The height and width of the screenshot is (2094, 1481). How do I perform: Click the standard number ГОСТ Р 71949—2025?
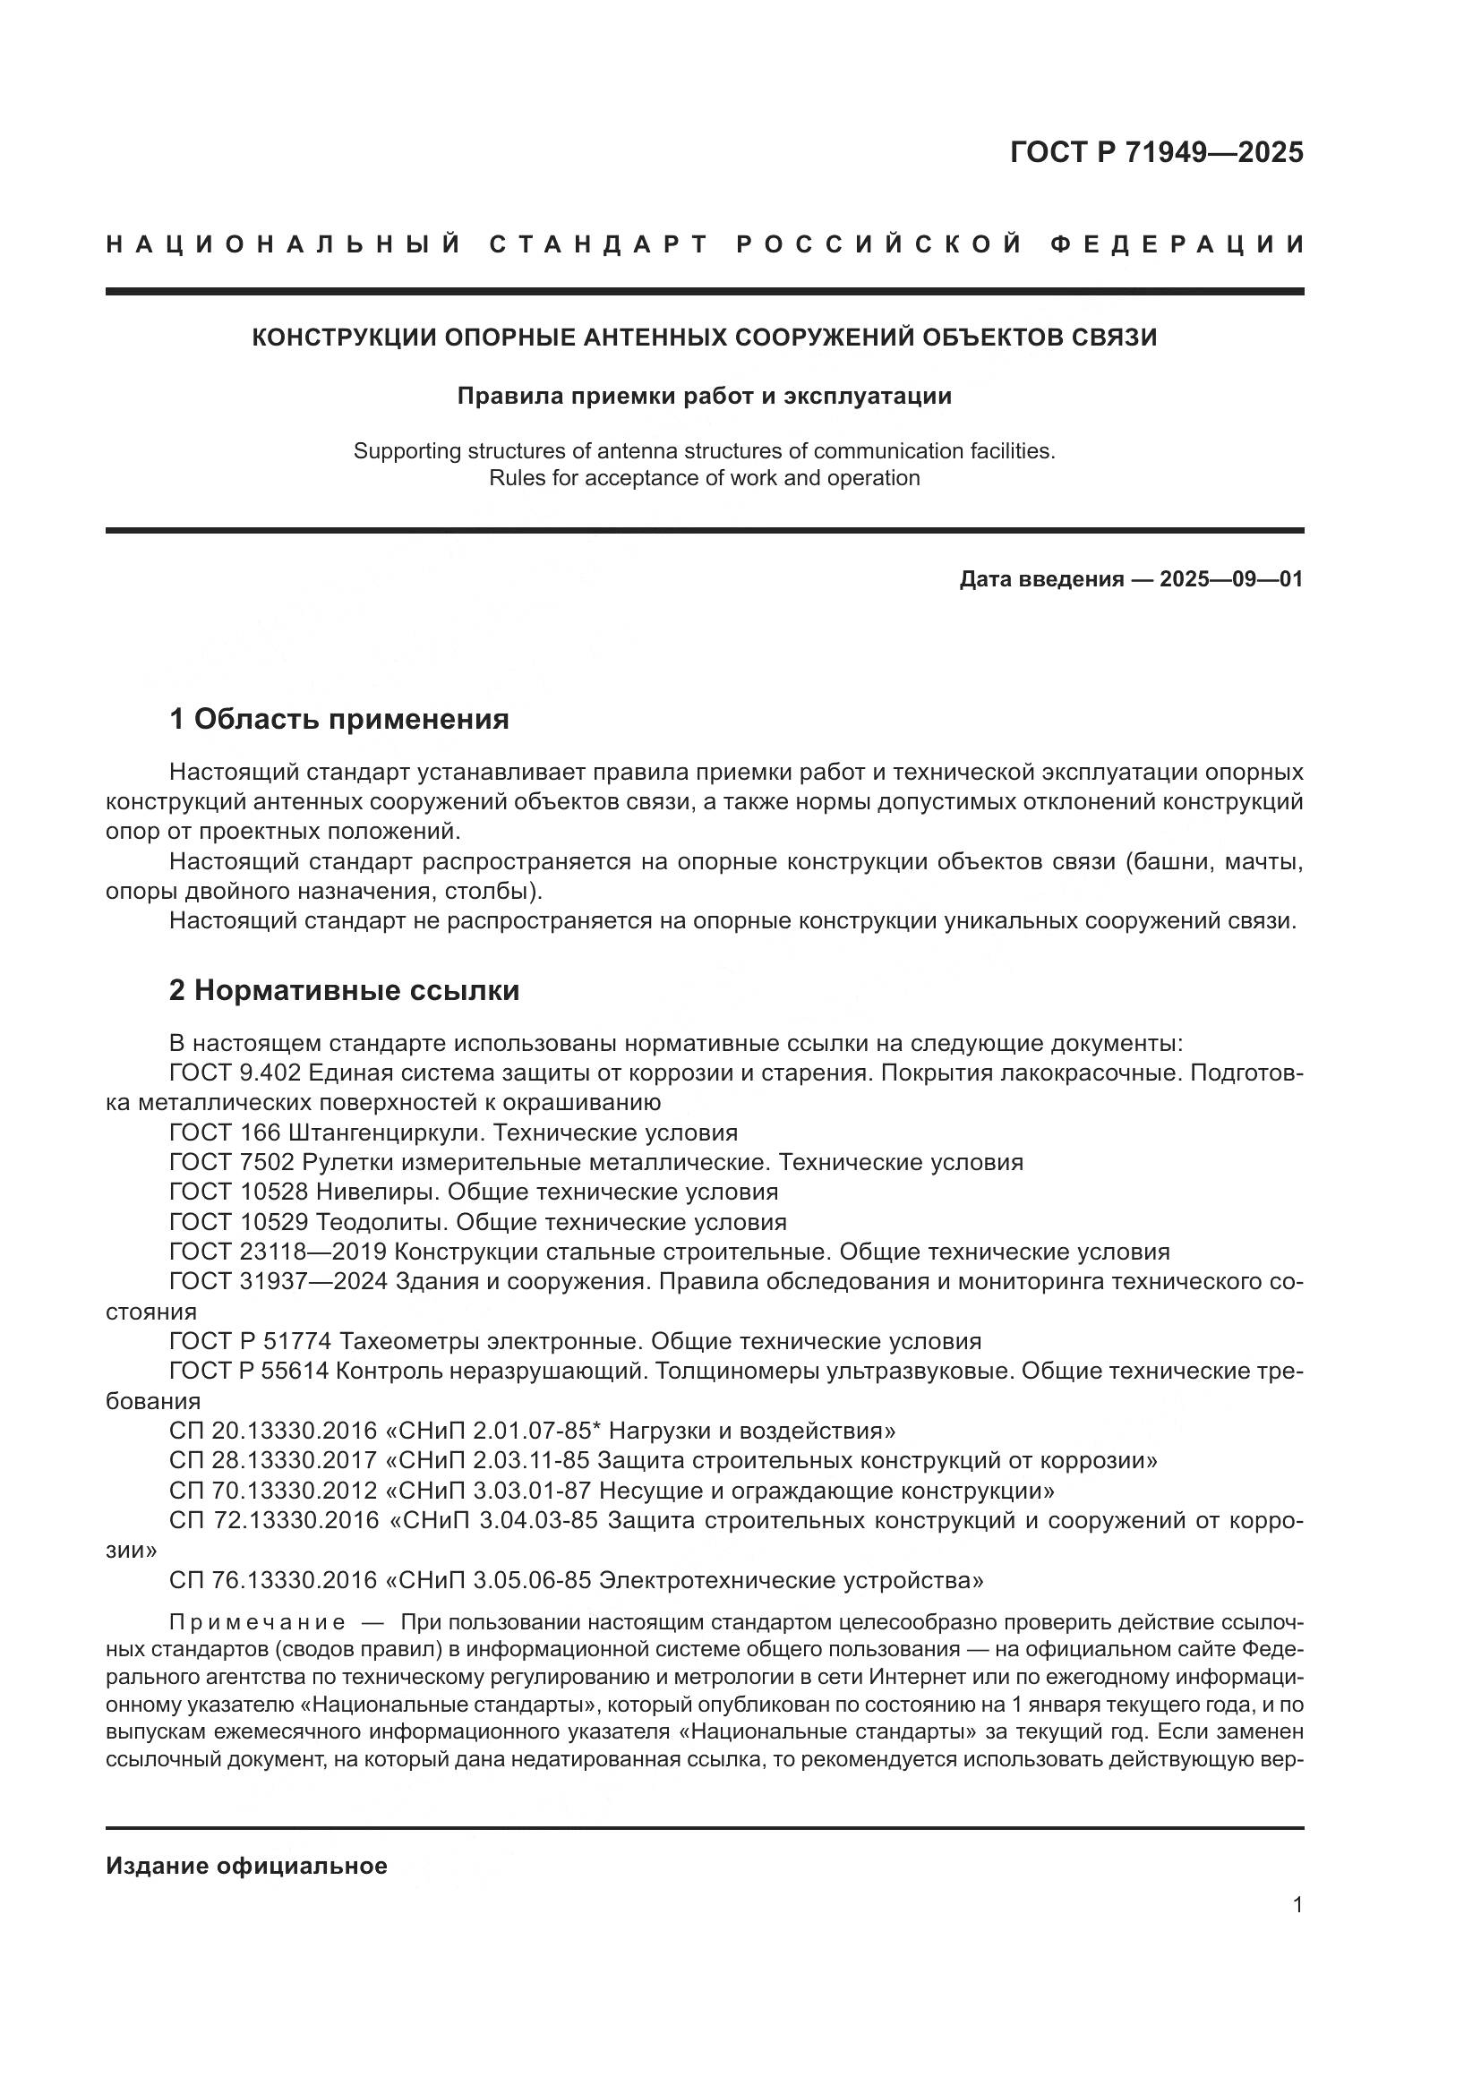(x=1156, y=152)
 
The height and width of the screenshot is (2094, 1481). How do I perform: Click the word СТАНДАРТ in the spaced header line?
(x=599, y=244)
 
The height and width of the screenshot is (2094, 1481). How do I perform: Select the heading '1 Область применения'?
(x=338, y=720)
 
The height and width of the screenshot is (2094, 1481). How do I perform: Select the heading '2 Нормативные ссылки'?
(x=344, y=990)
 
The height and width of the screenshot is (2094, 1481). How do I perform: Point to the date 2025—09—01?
(x=1231, y=579)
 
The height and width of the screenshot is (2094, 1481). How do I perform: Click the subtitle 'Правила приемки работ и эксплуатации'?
(x=704, y=396)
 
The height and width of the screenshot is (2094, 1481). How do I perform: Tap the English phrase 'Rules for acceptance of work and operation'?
(x=704, y=478)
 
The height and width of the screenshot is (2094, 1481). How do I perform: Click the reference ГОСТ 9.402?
(x=227, y=1073)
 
